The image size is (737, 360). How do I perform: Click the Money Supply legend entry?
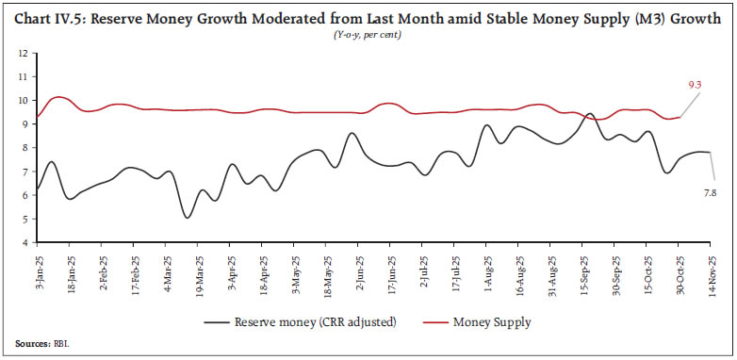[x=492, y=322]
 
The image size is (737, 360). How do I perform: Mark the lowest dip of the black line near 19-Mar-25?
[x=187, y=218]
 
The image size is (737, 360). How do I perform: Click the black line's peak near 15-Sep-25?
[x=590, y=114]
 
